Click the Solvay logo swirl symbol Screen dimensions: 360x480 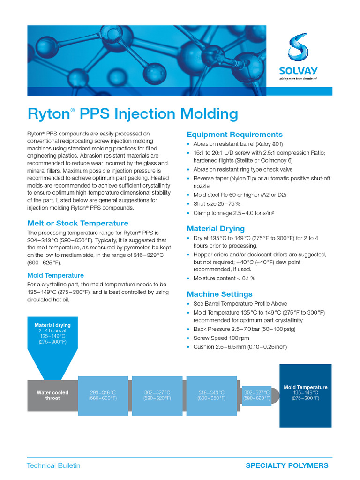[x=298, y=47]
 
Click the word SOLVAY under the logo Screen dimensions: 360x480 [x=298, y=71]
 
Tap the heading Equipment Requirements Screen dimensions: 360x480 [x=234, y=135]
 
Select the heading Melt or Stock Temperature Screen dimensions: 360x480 [x=78, y=223]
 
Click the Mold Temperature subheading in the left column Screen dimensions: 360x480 [x=55, y=275]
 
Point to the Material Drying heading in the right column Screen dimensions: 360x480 [x=216, y=229]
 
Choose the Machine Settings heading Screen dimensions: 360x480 [x=219, y=294]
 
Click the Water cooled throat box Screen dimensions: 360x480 [x=52, y=395]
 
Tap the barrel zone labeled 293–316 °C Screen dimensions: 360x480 [x=103, y=396]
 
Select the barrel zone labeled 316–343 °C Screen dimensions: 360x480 [x=211, y=396]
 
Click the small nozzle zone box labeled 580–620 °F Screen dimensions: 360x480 [x=257, y=396]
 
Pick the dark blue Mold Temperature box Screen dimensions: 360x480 [x=306, y=396]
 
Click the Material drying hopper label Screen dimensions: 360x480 [x=52, y=333]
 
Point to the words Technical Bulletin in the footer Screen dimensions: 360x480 [x=53, y=465]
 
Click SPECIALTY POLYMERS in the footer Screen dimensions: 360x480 [x=287, y=465]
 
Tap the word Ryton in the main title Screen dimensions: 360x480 [x=49, y=114]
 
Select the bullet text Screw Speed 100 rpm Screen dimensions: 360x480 [x=221, y=338]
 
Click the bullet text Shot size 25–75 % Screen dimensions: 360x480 [x=217, y=204]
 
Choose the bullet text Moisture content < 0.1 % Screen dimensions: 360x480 [x=224, y=278]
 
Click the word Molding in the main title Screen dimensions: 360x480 [x=209, y=114]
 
